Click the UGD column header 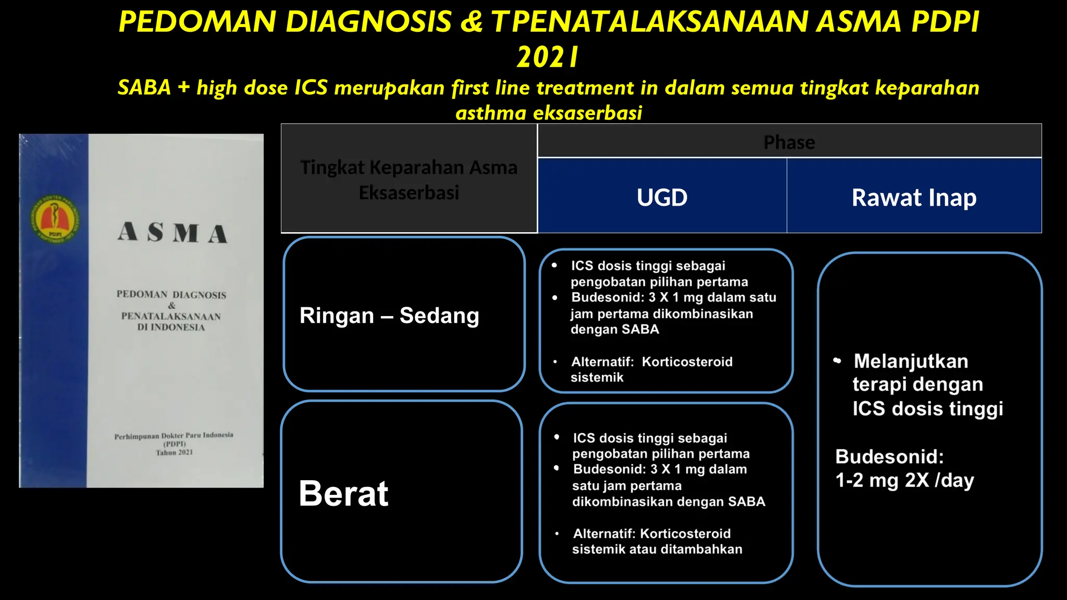coord(662,197)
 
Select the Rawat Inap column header coord(914,197)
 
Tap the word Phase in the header coord(789,142)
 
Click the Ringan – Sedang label coord(389,316)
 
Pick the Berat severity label coord(343,493)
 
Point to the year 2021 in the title coord(548,57)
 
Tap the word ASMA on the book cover coord(172,233)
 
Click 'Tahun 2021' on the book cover coord(174,453)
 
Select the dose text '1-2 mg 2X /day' coord(904,480)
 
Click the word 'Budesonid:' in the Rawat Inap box coord(889,457)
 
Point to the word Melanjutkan coord(911,361)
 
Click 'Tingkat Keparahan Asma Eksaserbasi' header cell coord(409,180)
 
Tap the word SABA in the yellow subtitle coord(144,87)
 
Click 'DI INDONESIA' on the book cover coord(171,328)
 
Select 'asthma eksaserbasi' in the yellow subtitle coord(549,113)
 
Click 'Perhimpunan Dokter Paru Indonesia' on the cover coord(173,435)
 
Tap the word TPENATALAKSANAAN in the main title coord(649,22)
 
